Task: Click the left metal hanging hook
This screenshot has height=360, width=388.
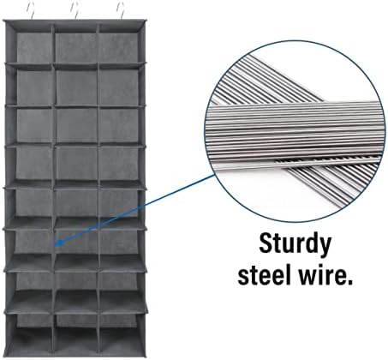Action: coord(33,11)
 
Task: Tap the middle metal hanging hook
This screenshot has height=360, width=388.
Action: coord(75,11)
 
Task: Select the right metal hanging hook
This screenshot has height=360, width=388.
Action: coord(121,11)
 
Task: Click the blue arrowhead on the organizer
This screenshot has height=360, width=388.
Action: coord(58,243)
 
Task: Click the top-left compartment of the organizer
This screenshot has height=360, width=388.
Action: coord(33,45)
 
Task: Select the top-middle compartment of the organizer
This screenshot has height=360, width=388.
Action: coord(76,45)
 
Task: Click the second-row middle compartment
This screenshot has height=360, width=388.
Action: coord(76,87)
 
